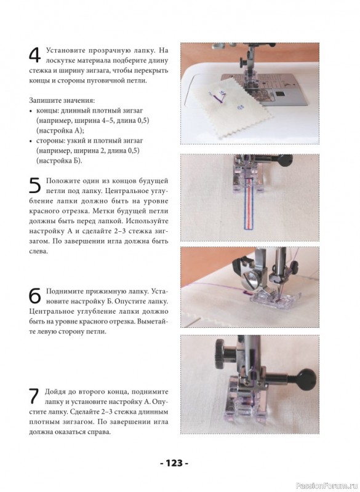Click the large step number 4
[35, 55]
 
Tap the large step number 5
[35, 185]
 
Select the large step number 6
[35, 296]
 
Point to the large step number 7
[34, 397]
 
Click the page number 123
[174, 463]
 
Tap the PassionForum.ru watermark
[327, 486]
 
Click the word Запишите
[43, 101]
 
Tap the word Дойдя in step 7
[54, 392]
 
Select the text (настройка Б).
[59, 161]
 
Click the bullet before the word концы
[31, 111]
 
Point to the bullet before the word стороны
[31, 141]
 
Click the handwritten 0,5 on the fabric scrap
[241, 108]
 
